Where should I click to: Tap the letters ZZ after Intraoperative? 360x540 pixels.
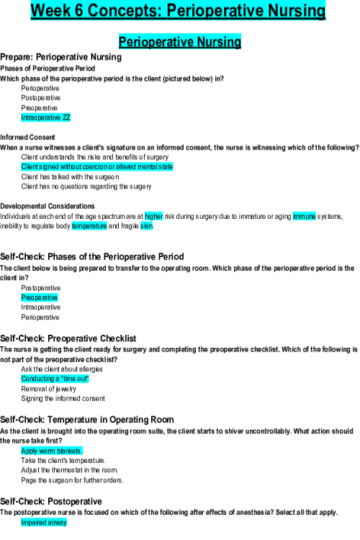tap(67, 117)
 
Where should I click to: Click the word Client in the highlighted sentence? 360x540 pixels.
tap(30, 167)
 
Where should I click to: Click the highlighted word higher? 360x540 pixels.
tap(154, 216)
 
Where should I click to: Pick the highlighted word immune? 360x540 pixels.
tap(304, 216)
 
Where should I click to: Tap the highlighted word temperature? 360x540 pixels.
tap(89, 226)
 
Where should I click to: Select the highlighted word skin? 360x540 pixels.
tap(146, 226)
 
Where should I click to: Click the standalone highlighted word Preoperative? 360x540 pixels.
tap(40, 298)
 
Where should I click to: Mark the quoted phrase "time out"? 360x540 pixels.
tap(74, 379)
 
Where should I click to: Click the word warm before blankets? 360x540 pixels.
tap(47, 451)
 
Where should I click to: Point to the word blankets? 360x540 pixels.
tap(69, 451)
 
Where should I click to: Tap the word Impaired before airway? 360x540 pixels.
tap(33, 523)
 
